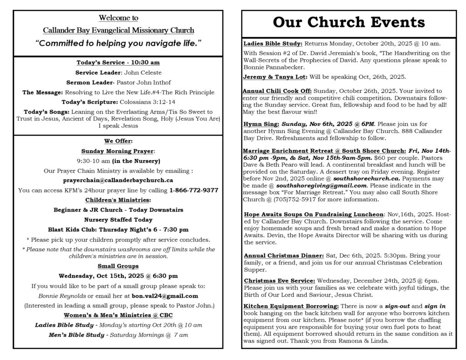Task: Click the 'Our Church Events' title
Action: [x=349, y=22]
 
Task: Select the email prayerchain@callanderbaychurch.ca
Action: [x=118, y=180]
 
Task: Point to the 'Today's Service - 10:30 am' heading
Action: [x=118, y=62]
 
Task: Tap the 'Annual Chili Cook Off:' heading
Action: [x=277, y=91]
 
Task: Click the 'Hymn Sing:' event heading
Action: [x=260, y=124]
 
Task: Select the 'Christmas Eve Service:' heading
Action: [x=279, y=280]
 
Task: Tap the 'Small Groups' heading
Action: [x=118, y=266]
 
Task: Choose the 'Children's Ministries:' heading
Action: [x=118, y=200]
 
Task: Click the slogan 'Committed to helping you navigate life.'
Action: [x=118, y=43]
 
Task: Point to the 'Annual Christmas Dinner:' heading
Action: [x=283, y=255]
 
